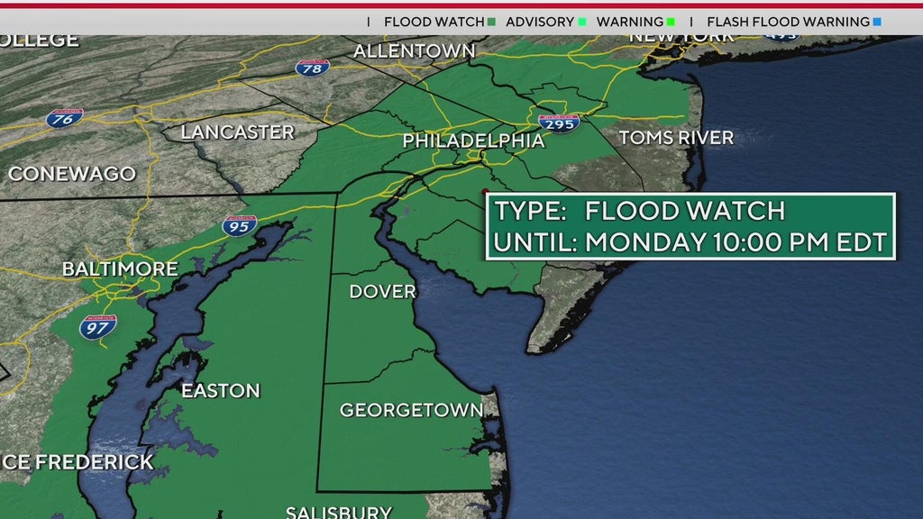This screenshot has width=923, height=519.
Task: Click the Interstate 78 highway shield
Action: click(312, 67)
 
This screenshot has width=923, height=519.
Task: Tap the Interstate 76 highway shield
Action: click(66, 117)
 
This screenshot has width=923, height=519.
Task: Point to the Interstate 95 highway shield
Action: click(240, 225)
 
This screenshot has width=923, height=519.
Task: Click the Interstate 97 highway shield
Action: click(97, 326)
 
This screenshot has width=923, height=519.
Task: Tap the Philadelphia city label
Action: click(473, 141)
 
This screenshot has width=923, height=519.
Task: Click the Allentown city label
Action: click(414, 51)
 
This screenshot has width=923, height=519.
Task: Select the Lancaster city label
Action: click(238, 132)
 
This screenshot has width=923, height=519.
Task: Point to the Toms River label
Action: click(676, 138)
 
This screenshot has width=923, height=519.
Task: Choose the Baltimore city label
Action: click(120, 269)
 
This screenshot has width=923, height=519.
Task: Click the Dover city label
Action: click(383, 291)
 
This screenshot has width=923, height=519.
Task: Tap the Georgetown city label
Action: click(411, 410)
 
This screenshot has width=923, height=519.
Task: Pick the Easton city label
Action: click(221, 390)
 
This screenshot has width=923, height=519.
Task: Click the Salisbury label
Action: click(339, 512)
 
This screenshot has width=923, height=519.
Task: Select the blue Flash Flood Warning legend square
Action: click(877, 22)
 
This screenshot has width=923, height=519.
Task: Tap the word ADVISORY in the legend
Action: click(540, 22)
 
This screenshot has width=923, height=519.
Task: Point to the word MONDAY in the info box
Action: click(644, 241)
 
